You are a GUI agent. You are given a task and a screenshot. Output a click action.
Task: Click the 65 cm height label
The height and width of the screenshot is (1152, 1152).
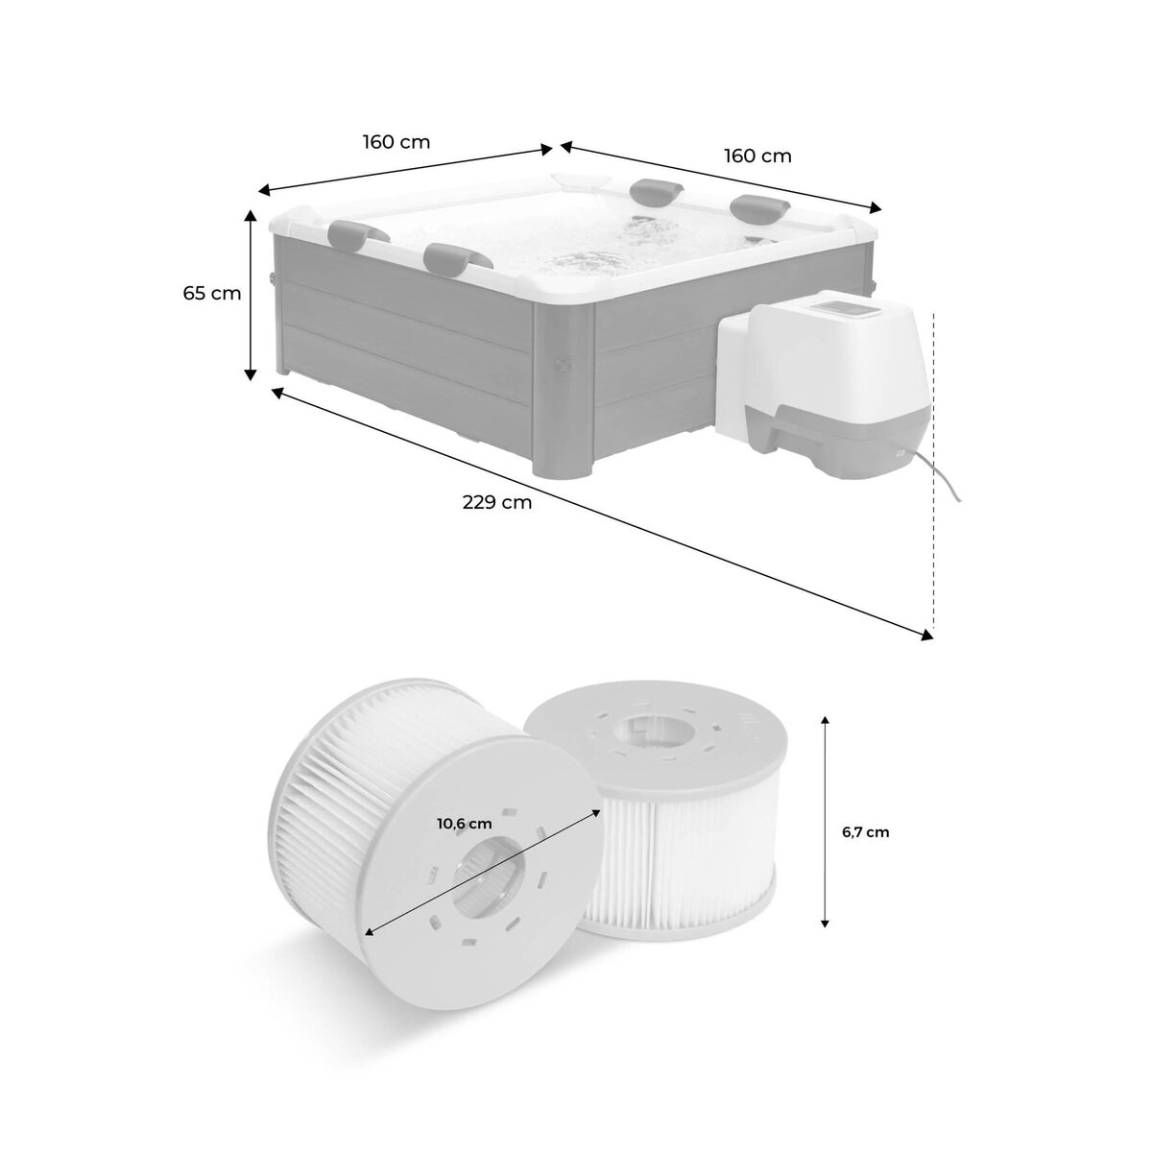click(212, 293)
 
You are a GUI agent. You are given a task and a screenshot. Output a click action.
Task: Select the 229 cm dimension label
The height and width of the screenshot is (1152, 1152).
click(496, 501)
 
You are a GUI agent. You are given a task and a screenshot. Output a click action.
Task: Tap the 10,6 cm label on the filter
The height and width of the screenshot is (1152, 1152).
click(464, 823)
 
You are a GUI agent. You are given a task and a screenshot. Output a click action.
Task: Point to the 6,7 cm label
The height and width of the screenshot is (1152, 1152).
click(865, 832)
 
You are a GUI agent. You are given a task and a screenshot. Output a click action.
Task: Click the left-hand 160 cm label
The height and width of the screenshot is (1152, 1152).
click(396, 142)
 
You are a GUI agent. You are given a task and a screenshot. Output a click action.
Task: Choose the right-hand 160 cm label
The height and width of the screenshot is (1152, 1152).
click(757, 156)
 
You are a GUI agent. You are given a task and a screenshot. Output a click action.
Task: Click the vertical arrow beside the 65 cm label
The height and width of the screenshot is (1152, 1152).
click(252, 294)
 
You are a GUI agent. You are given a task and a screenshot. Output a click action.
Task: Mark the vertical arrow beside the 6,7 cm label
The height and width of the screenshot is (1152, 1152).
click(825, 821)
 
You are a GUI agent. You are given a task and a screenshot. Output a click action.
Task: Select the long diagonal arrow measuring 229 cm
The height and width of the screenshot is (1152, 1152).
click(602, 512)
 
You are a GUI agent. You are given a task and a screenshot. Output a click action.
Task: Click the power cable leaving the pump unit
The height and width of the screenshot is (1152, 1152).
click(946, 480)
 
